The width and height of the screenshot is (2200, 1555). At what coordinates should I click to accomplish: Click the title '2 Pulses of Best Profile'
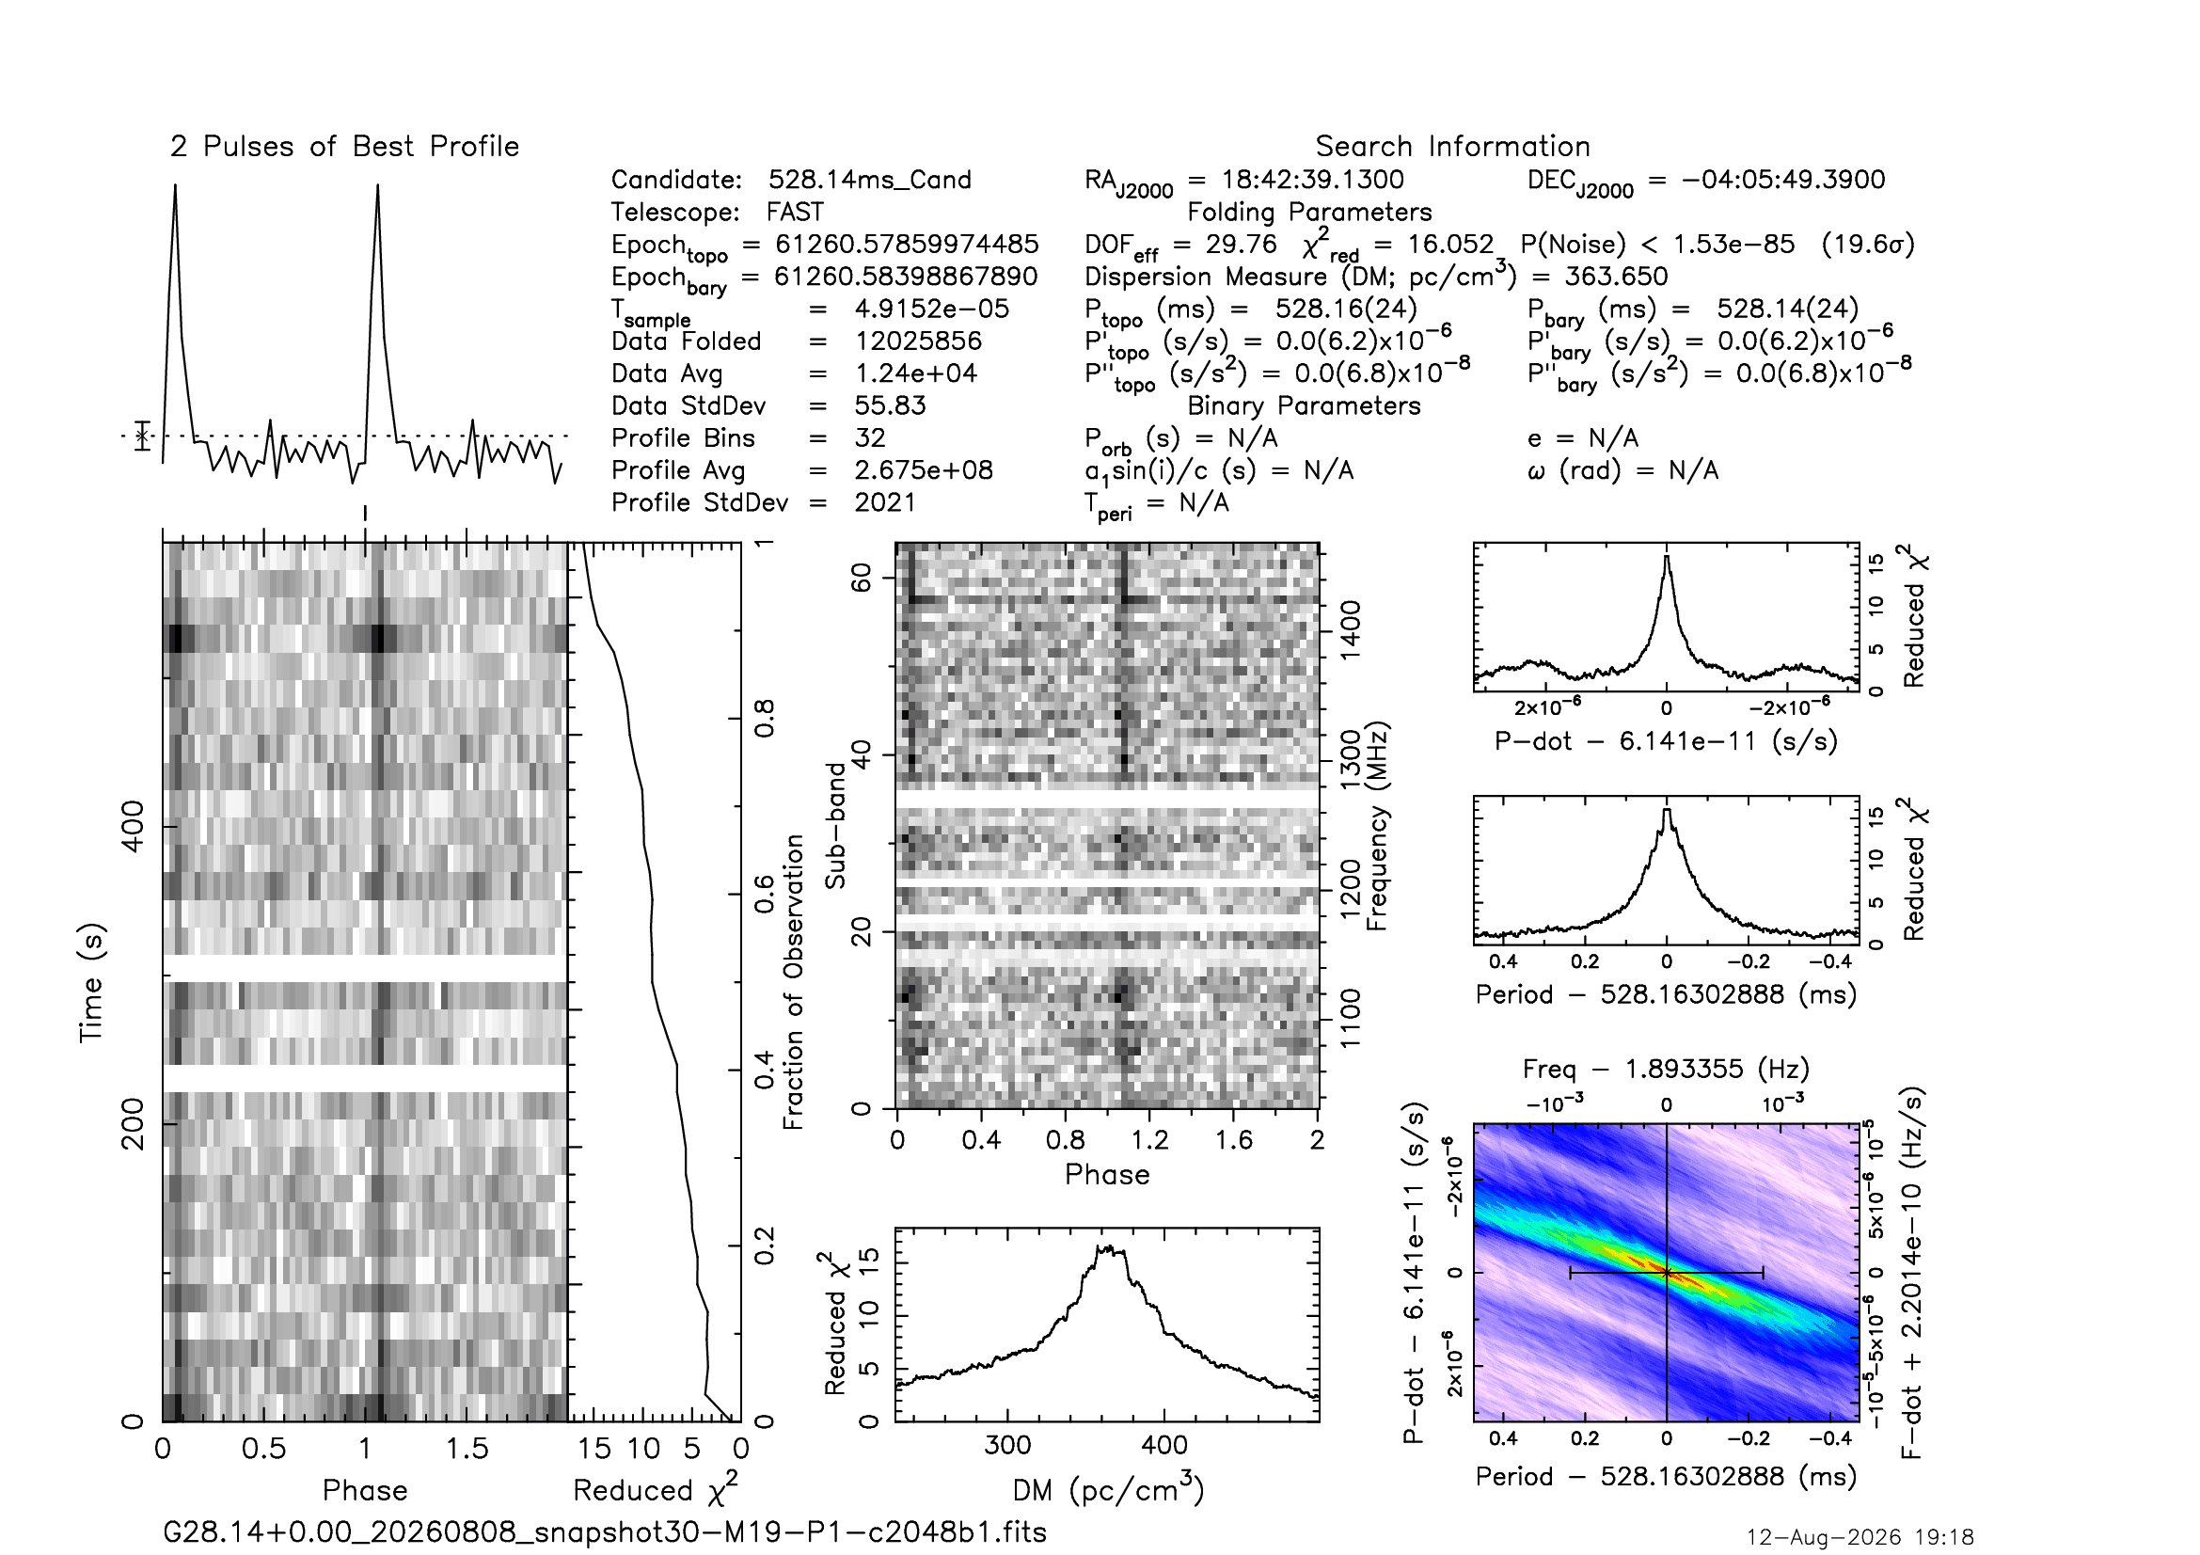(x=345, y=147)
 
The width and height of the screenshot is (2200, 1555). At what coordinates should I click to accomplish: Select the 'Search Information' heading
(x=1452, y=147)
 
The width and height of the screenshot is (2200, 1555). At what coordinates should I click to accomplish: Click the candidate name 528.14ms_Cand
(x=870, y=180)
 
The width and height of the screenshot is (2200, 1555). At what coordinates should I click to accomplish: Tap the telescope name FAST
(x=796, y=212)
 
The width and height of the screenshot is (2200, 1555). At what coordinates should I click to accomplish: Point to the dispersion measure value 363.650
(x=1617, y=277)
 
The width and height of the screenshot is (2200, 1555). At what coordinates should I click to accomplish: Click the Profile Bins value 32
(x=870, y=437)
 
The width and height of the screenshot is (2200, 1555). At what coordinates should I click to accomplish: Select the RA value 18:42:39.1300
(x=1313, y=180)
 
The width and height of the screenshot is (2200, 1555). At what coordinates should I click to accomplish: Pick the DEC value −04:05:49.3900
(x=1783, y=180)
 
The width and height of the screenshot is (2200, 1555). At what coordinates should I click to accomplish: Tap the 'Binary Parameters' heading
(x=1303, y=406)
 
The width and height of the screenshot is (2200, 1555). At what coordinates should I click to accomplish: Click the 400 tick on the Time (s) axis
(x=135, y=827)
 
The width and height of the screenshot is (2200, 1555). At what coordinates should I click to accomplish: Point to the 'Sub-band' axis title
(x=836, y=825)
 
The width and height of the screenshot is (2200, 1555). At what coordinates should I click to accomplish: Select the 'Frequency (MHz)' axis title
(x=1377, y=826)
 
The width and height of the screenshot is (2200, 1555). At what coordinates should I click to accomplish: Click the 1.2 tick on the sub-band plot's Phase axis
(x=1148, y=1140)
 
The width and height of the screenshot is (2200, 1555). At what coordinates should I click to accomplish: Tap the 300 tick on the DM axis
(x=1007, y=1445)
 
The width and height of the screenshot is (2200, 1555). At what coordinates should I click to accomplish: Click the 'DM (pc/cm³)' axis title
(x=1108, y=1489)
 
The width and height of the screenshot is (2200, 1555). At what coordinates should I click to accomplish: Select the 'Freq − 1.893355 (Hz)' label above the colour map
(x=1667, y=1069)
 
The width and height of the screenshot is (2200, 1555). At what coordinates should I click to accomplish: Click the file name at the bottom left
(x=605, y=1532)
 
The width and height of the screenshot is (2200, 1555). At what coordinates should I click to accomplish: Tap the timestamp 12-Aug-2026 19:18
(x=1860, y=1538)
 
